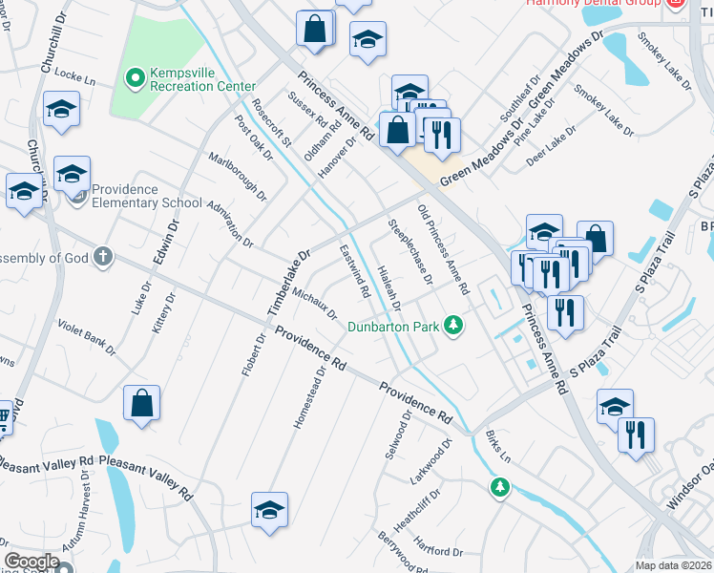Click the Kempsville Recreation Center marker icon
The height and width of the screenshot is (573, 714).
pyautogui.click(x=135, y=74)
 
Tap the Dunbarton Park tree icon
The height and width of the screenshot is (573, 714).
pyautogui.click(x=454, y=326)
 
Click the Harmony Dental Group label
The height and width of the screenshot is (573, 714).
pyautogui.click(x=593, y=3)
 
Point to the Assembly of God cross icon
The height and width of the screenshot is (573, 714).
pyautogui.click(x=103, y=257)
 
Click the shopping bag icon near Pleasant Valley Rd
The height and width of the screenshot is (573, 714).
pyautogui.click(x=141, y=404)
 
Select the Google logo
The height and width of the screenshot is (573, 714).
pyautogui.click(x=31, y=562)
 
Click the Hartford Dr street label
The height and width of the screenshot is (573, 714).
pyautogui.click(x=439, y=552)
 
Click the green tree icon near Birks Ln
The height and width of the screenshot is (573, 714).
pyautogui.click(x=498, y=488)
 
